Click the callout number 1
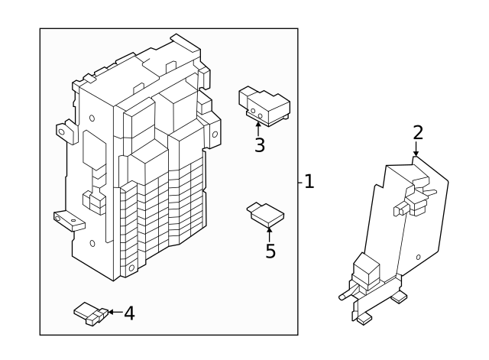[309, 182]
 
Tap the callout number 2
[417, 131]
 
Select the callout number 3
[260, 144]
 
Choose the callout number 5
[270, 251]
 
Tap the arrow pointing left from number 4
[112, 312]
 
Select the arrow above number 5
[269, 231]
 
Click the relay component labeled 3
[264, 104]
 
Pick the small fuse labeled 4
[89, 313]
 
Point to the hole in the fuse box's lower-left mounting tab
[75, 223]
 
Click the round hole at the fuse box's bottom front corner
[131, 269]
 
